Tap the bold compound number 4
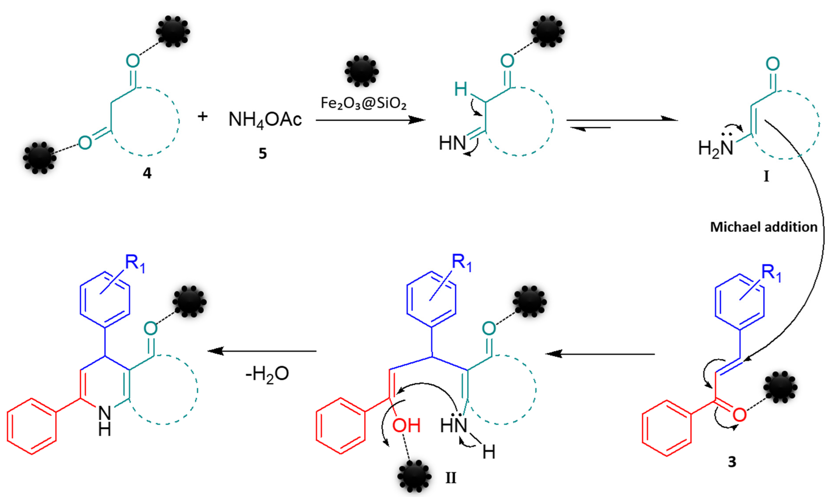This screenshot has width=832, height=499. (147, 173)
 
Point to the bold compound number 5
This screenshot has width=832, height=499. (263, 153)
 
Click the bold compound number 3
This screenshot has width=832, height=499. (732, 462)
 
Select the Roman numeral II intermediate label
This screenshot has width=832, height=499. (451, 478)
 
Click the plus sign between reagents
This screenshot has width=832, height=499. (203, 116)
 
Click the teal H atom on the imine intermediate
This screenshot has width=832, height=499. (461, 89)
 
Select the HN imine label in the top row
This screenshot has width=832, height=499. (452, 143)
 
